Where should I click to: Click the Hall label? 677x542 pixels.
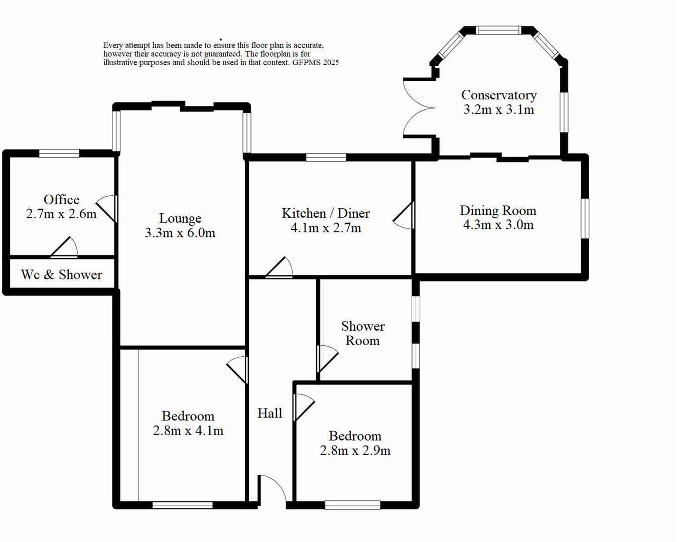pyautogui.click(x=270, y=413)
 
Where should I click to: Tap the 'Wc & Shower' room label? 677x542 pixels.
pyautogui.click(x=62, y=275)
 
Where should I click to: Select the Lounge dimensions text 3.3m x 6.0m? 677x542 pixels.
pyautogui.click(x=180, y=233)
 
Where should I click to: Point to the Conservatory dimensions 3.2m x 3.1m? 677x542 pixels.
pyautogui.click(x=498, y=109)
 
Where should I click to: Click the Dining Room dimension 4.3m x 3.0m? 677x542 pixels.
pyautogui.click(x=498, y=225)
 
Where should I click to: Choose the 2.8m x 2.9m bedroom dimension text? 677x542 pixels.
pyautogui.click(x=355, y=450)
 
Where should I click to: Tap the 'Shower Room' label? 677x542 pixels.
pyautogui.click(x=363, y=333)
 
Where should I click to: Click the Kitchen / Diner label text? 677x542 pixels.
pyautogui.click(x=326, y=213)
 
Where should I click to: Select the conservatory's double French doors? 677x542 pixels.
pyautogui.click(x=418, y=107)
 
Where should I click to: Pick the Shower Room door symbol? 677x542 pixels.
pyautogui.click(x=327, y=358)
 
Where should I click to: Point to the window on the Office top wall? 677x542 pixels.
pyautogui.click(x=59, y=154)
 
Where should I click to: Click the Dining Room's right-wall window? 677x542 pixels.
pyautogui.click(x=585, y=218)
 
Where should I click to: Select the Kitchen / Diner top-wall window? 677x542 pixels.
pyautogui.click(x=326, y=158)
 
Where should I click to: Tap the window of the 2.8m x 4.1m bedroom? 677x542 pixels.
pyautogui.click(x=183, y=505)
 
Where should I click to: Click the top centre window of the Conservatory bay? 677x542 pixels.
pyautogui.click(x=498, y=31)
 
